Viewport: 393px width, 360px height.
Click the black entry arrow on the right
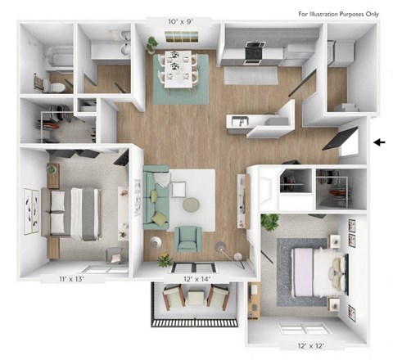(x=378, y=144)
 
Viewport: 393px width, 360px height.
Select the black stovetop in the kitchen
(x=252, y=51)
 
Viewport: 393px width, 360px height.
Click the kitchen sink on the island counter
(x=238, y=123)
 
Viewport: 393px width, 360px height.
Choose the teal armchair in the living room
(x=189, y=238)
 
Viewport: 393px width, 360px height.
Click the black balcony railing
(x=195, y=322)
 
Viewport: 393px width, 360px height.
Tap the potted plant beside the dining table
(x=152, y=46)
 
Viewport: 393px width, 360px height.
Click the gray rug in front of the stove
(x=251, y=75)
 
